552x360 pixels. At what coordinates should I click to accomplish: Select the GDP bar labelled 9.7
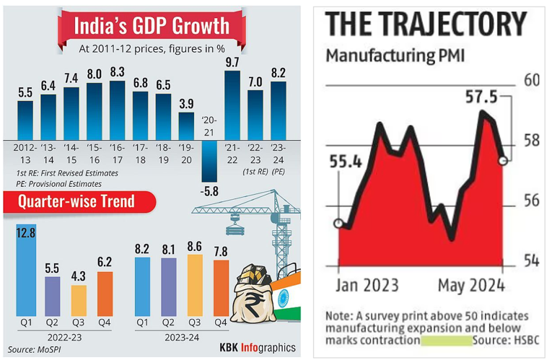tap(232, 104)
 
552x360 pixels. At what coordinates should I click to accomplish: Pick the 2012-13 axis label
tap(25, 153)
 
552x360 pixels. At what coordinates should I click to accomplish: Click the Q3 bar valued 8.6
tap(195, 286)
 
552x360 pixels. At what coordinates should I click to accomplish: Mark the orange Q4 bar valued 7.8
tap(221, 289)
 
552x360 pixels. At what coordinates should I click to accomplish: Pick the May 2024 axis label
tap(473, 285)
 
